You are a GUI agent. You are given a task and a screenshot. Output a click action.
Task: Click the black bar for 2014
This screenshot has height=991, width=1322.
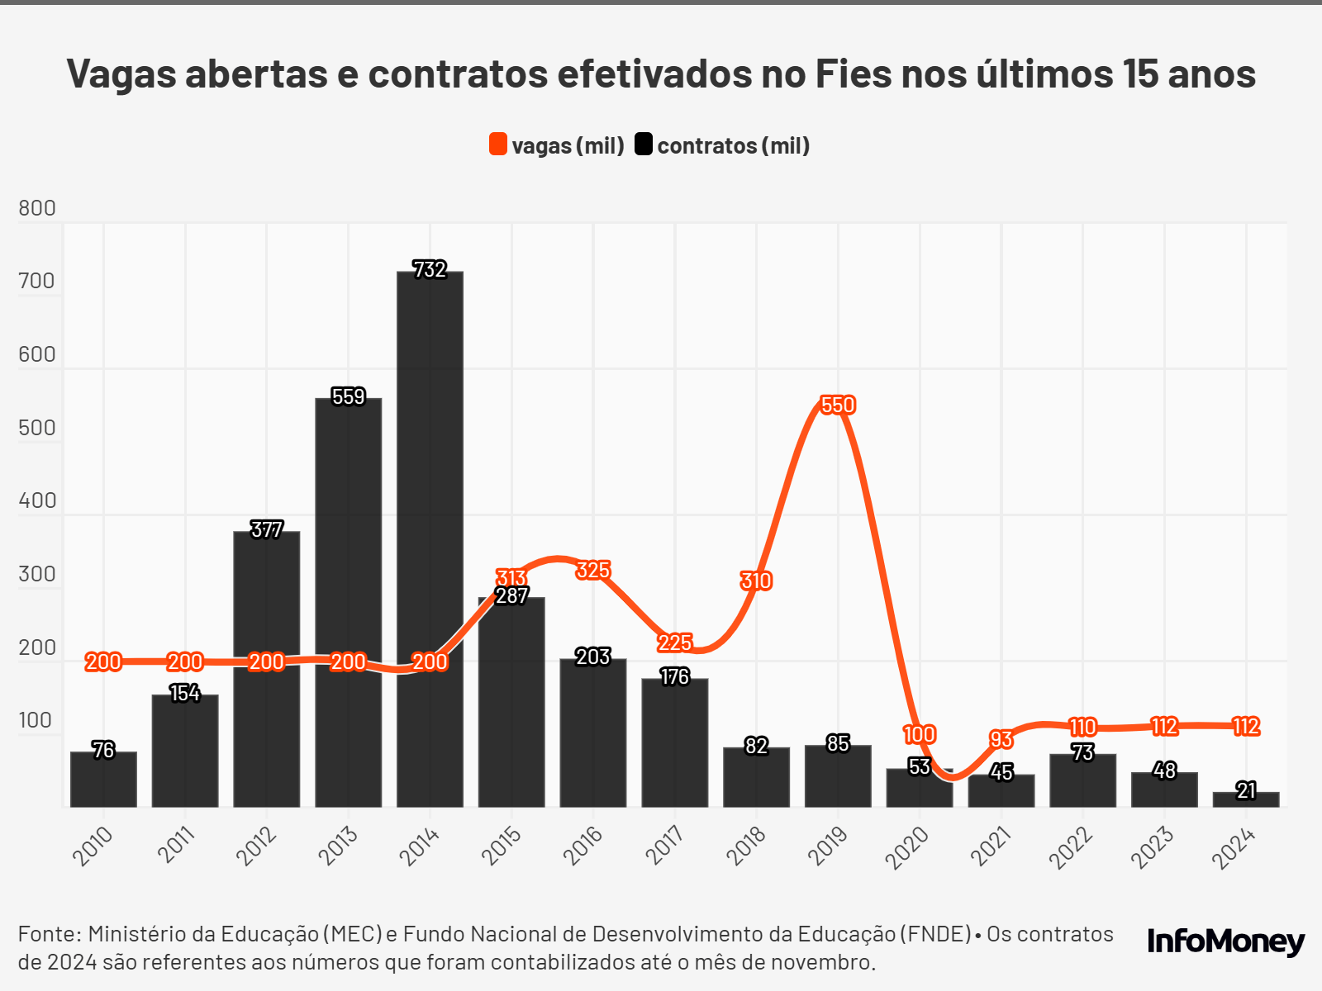[x=430, y=537]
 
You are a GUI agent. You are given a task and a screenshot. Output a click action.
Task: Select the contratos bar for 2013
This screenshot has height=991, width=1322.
[x=348, y=603]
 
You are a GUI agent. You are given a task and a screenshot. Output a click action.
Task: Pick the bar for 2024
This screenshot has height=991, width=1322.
[x=1246, y=799]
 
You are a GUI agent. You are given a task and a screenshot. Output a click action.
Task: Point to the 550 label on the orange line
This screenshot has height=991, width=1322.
[x=838, y=405]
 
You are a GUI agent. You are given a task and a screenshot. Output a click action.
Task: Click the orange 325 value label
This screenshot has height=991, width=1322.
[x=593, y=571]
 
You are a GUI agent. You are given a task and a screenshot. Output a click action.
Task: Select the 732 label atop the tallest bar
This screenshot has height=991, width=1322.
[x=430, y=270]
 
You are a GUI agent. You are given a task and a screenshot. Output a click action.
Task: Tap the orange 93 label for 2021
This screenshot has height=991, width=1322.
[x=1001, y=739]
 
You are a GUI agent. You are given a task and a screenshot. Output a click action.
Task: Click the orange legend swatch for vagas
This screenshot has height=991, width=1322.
[x=498, y=145]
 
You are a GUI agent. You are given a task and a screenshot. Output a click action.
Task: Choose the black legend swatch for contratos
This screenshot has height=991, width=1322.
[x=644, y=145]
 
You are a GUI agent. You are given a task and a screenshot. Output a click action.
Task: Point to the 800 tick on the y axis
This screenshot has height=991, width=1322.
[x=37, y=208]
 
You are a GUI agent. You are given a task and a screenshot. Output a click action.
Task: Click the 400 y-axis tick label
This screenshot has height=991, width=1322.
[x=37, y=500]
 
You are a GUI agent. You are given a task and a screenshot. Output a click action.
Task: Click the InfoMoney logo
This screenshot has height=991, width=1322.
[x=1226, y=941]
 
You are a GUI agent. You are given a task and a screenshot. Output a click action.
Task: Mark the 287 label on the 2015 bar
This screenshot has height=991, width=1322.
[x=511, y=595]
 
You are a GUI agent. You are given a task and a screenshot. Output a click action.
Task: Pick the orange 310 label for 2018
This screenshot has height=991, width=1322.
[x=756, y=581]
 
